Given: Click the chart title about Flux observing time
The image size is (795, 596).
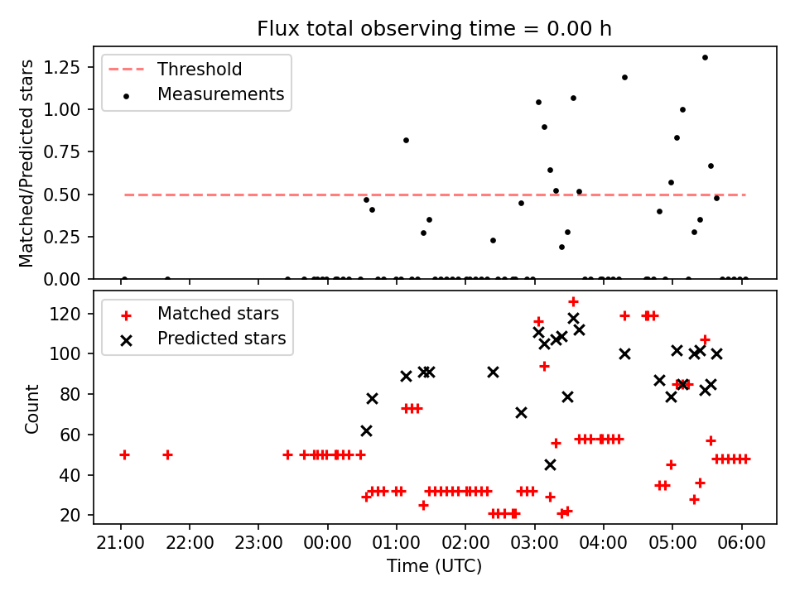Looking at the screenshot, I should pos(434,29).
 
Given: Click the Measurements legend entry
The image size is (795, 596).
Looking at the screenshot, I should pos(220,94).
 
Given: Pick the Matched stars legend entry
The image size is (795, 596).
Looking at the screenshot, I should pos(218,314).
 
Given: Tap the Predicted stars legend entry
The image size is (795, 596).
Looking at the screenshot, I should pos(221,339).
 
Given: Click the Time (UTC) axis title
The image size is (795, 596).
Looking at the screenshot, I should pos(434,567).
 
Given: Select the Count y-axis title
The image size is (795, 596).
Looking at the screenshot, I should pos(32,408).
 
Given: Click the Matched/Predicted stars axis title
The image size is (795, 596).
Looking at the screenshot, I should pos(27,163).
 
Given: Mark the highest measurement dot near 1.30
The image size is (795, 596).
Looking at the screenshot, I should pos(705,57).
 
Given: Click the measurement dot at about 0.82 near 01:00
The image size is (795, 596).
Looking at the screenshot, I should pos(406,140).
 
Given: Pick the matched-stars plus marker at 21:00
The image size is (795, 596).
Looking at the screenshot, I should pos(124,454).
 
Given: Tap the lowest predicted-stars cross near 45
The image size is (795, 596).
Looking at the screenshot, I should pos(550,464).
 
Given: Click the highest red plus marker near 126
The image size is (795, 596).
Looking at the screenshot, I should pos(573,301).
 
